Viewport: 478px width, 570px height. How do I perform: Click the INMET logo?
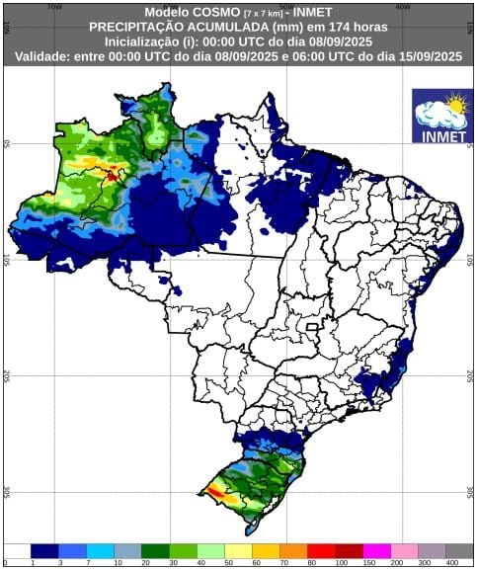(440, 117)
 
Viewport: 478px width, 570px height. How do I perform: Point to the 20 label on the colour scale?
(145, 563)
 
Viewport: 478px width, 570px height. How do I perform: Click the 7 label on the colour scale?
(90, 563)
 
